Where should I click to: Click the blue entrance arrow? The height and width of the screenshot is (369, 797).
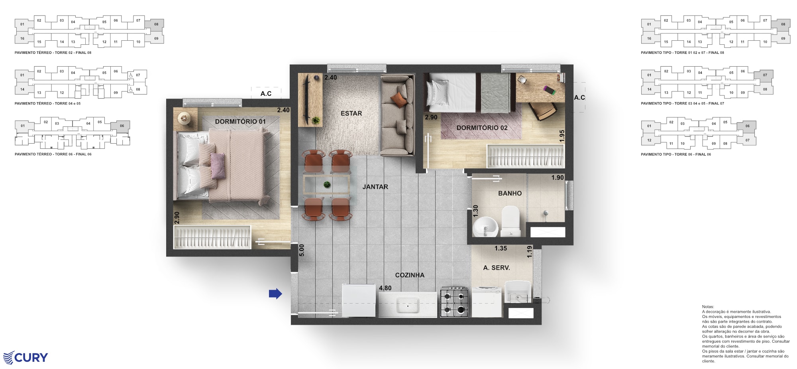(275, 294)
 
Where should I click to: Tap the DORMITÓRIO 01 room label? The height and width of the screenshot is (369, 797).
(240, 122)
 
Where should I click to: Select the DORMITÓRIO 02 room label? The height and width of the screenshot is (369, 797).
(482, 128)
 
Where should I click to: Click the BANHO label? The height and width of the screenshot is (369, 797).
(510, 193)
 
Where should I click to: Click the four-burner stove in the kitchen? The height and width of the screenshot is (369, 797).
(454, 302)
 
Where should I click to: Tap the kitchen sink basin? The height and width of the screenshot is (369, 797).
(408, 306)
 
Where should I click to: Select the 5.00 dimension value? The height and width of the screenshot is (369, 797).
(302, 250)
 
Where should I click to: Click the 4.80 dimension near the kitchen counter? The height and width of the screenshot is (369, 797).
(385, 288)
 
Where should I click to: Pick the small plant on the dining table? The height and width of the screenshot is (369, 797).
(327, 184)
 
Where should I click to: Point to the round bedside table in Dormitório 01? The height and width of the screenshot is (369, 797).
(185, 118)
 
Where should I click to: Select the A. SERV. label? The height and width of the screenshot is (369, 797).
(496, 268)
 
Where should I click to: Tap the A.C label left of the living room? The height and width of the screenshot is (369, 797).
(266, 94)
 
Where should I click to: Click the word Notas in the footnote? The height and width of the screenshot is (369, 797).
(708, 307)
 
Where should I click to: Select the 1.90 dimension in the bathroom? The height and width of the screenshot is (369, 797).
(557, 178)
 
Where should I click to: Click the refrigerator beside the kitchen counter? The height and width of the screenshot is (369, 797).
(359, 300)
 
